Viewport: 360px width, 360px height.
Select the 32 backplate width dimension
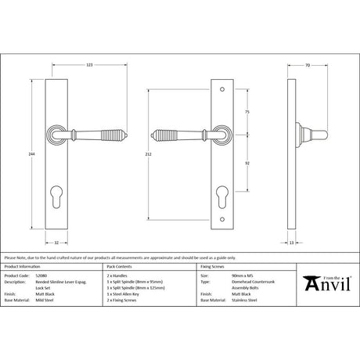pos(68,243)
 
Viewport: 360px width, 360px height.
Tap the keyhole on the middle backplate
pos(220,191)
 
